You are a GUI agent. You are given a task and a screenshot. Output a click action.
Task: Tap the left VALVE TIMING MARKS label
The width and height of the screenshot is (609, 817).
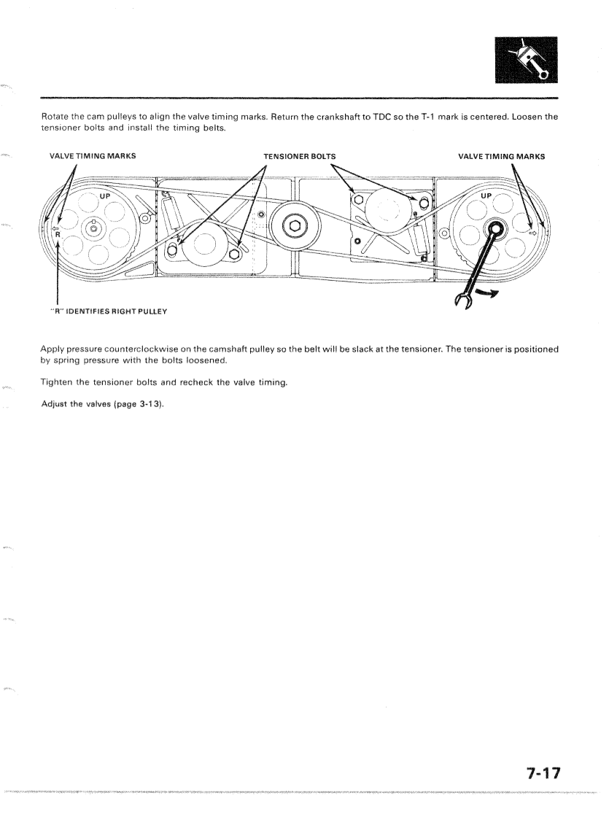click(92, 155)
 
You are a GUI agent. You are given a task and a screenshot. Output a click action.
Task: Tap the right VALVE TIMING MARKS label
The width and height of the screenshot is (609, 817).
click(501, 155)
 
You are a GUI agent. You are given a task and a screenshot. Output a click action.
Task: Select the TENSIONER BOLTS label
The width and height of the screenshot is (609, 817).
click(299, 155)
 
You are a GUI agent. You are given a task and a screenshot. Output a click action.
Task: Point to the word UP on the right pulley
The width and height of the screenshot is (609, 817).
click(486, 196)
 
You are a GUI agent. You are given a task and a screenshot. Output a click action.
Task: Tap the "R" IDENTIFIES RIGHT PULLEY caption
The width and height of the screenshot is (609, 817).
click(108, 311)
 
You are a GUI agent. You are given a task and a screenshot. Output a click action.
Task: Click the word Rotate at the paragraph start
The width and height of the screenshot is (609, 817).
click(55, 116)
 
